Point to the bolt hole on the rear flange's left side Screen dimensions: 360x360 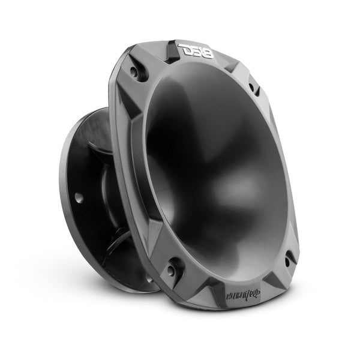(x=77, y=196)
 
